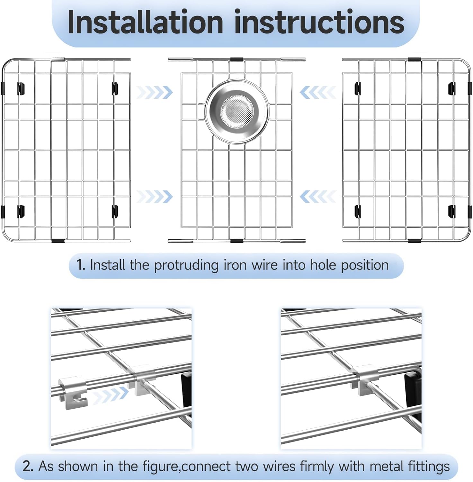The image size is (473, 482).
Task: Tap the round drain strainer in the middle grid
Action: tap(237, 112)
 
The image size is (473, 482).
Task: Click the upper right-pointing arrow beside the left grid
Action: tap(155, 93)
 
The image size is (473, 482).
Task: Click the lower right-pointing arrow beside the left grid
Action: tap(155, 197)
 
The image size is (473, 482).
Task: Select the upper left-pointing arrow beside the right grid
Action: tap(318, 93)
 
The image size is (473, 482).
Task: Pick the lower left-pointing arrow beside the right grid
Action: tap(318, 197)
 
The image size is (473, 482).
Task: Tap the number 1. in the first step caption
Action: tap(81, 265)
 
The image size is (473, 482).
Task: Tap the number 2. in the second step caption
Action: tap(28, 466)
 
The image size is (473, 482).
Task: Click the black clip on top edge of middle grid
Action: tap(236, 59)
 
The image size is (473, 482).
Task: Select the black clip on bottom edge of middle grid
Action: tap(236, 240)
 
